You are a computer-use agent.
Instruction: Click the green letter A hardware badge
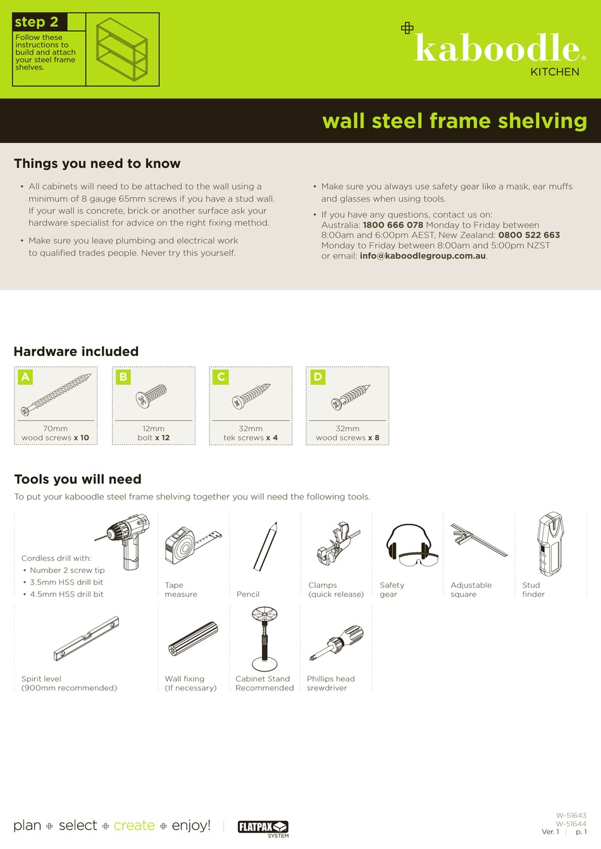pyautogui.click(x=25, y=377)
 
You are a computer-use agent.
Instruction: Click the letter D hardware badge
pyautogui.click(x=318, y=377)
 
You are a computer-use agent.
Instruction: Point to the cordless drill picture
pyautogui.click(x=127, y=539)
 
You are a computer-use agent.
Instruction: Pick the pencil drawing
pyautogui.click(x=266, y=546)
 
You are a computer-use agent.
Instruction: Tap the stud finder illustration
pyautogui.click(x=550, y=544)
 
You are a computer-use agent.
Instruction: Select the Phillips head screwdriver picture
pyautogui.click(x=337, y=642)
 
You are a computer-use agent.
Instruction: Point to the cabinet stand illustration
pyautogui.click(x=264, y=638)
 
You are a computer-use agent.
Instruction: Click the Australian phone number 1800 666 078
pyautogui.click(x=393, y=225)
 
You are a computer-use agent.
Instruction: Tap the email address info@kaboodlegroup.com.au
pyautogui.click(x=423, y=256)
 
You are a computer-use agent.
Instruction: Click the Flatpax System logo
pyautogui.click(x=263, y=828)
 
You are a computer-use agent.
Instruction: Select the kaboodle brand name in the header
pyautogui.click(x=497, y=49)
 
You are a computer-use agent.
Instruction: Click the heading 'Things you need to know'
pyautogui.click(x=97, y=164)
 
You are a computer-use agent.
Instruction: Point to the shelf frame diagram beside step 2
pyautogui.click(x=122, y=50)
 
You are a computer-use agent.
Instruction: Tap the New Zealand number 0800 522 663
pyautogui.click(x=529, y=235)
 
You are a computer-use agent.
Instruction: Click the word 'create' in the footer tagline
pyautogui.click(x=134, y=826)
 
